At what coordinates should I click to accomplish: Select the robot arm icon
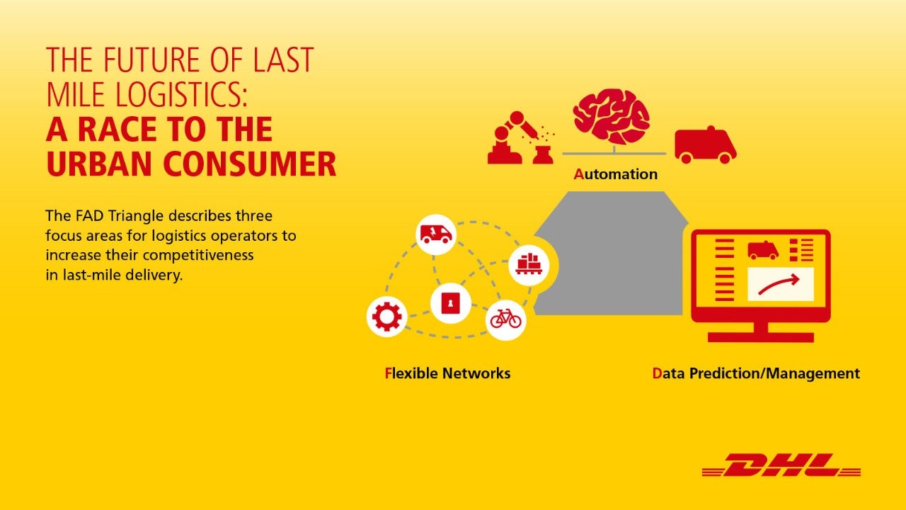point(521,137)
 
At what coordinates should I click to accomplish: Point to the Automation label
point(615,174)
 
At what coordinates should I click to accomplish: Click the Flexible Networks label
point(447,373)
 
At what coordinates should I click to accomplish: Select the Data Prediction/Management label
point(756,373)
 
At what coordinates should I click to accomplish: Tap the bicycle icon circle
point(505,320)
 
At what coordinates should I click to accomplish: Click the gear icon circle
point(386,317)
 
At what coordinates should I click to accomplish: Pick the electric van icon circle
point(436,234)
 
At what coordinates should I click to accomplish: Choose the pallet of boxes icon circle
point(529,265)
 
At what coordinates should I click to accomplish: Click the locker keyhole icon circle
point(451,302)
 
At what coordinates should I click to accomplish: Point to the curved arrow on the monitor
point(779,283)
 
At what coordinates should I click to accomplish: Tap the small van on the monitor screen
point(763,250)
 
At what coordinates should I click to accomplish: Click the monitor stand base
point(760,337)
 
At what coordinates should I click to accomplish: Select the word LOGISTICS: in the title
point(181,94)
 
